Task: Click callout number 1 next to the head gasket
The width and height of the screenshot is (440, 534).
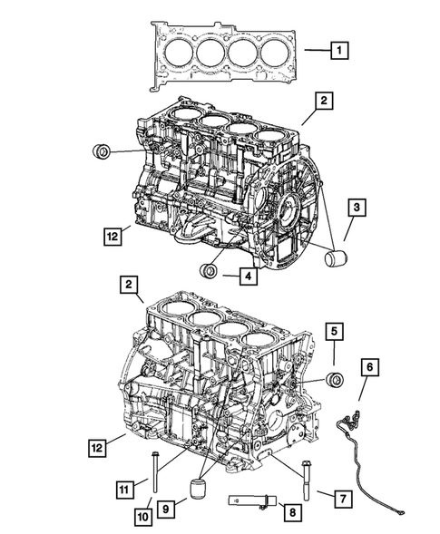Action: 337,51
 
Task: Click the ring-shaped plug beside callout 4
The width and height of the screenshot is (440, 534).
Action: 210,269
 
